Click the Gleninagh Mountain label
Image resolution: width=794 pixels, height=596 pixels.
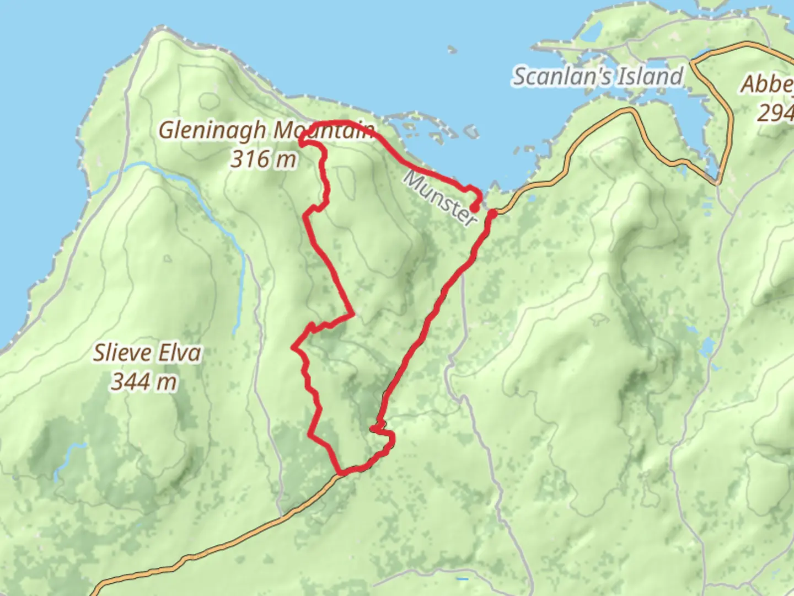click(x=267, y=131)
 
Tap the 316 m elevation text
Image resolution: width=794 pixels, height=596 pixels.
click(x=264, y=159)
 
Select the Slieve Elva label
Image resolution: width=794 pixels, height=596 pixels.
click(x=147, y=353)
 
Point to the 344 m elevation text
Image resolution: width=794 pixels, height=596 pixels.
click(x=144, y=381)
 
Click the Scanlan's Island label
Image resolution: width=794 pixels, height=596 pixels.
click(x=598, y=76)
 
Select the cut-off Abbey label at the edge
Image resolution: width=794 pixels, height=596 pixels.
click(x=768, y=84)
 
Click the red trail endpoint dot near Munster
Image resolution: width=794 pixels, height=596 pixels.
click(x=474, y=209)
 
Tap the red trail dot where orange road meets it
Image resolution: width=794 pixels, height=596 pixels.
click(x=493, y=213)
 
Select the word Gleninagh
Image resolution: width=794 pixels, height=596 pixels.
click(x=212, y=131)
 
